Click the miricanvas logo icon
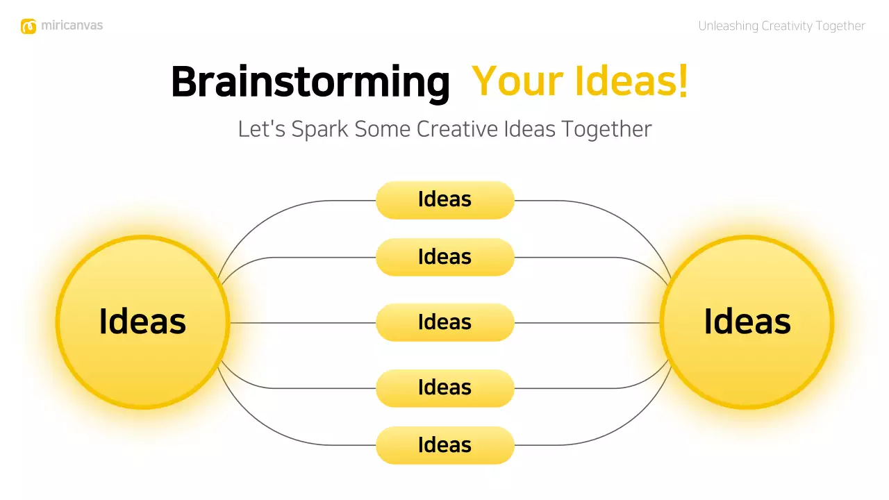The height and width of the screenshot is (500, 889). [28, 26]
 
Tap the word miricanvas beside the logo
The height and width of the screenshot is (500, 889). [72, 26]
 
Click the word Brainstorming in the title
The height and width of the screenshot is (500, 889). [310, 82]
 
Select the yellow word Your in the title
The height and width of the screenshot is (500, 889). [517, 82]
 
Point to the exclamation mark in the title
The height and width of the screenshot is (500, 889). [683, 82]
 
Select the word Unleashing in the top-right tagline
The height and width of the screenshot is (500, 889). [728, 26]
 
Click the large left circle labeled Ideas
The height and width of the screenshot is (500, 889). [142, 322]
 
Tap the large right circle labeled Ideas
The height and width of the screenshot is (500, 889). [747, 322]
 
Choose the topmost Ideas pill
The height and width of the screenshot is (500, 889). [444, 200]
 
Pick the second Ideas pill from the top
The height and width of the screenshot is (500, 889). [444, 257]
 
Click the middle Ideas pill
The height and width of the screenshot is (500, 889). [444, 322]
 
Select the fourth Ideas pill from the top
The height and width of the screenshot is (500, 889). [444, 387]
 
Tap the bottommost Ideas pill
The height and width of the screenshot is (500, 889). [444, 445]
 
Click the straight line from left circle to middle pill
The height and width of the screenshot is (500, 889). [302, 323]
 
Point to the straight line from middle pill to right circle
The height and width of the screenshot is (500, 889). [587, 323]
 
